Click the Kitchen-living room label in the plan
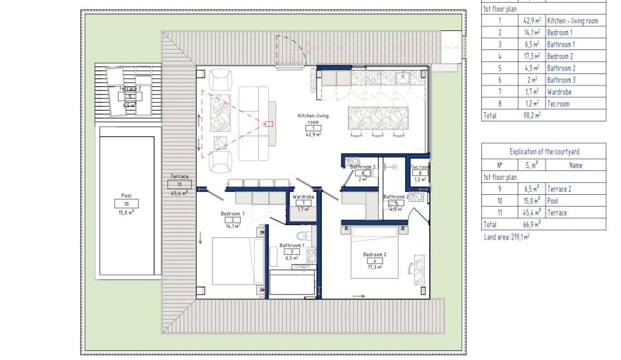[x=313, y=119]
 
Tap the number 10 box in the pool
[x=126, y=203]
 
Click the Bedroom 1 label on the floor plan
[x=232, y=213]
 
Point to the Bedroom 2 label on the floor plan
[x=375, y=254]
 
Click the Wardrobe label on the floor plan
[x=303, y=196]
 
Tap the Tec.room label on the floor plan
[x=420, y=167]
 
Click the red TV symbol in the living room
[x=268, y=124]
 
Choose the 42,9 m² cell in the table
[x=531, y=20]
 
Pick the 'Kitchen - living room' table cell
[x=572, y=20]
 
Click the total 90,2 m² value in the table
[x=531, y=115]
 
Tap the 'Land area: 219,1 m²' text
[x=507, y=237]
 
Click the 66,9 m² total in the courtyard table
[x=531, y=224]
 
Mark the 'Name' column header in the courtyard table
[x=575, y=165]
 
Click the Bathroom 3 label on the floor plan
[x=358, y=167]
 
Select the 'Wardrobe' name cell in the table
[x=560, y=92]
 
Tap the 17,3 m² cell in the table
[x=531, y=56]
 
